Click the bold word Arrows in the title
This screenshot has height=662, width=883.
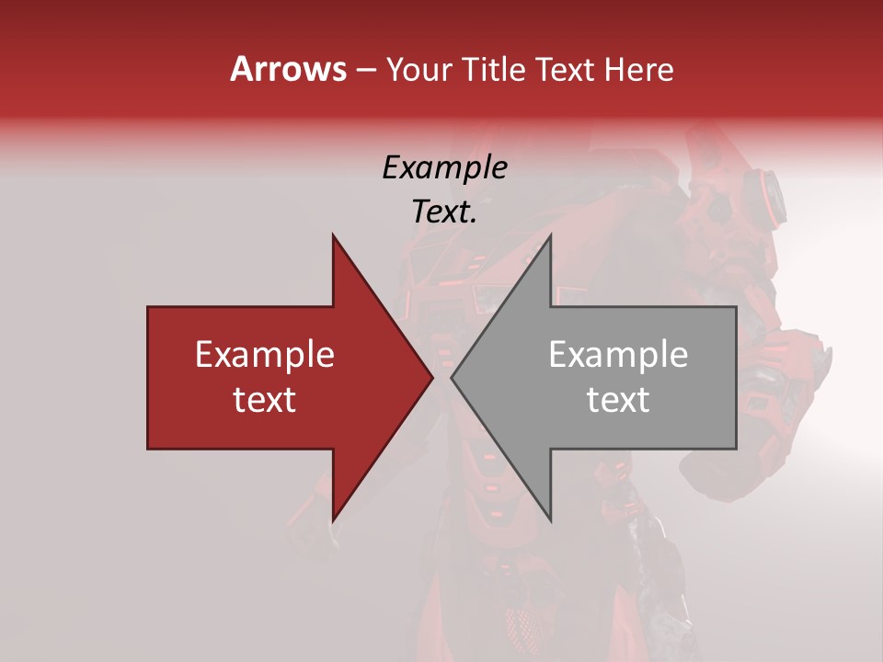289,69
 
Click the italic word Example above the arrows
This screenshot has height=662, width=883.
444,168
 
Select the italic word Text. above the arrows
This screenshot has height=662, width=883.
444,211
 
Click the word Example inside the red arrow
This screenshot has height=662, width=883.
265,355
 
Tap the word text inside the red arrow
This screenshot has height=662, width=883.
265,400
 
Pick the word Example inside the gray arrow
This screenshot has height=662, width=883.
618,355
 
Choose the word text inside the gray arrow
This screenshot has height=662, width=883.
618,400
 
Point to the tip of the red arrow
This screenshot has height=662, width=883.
432,377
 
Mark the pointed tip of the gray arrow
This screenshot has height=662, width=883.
452,377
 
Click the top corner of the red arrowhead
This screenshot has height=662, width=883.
333,235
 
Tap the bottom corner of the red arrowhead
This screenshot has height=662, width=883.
333,521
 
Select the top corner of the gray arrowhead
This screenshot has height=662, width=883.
550,235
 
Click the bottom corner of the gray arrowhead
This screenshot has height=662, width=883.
550,521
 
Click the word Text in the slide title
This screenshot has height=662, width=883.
565,70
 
